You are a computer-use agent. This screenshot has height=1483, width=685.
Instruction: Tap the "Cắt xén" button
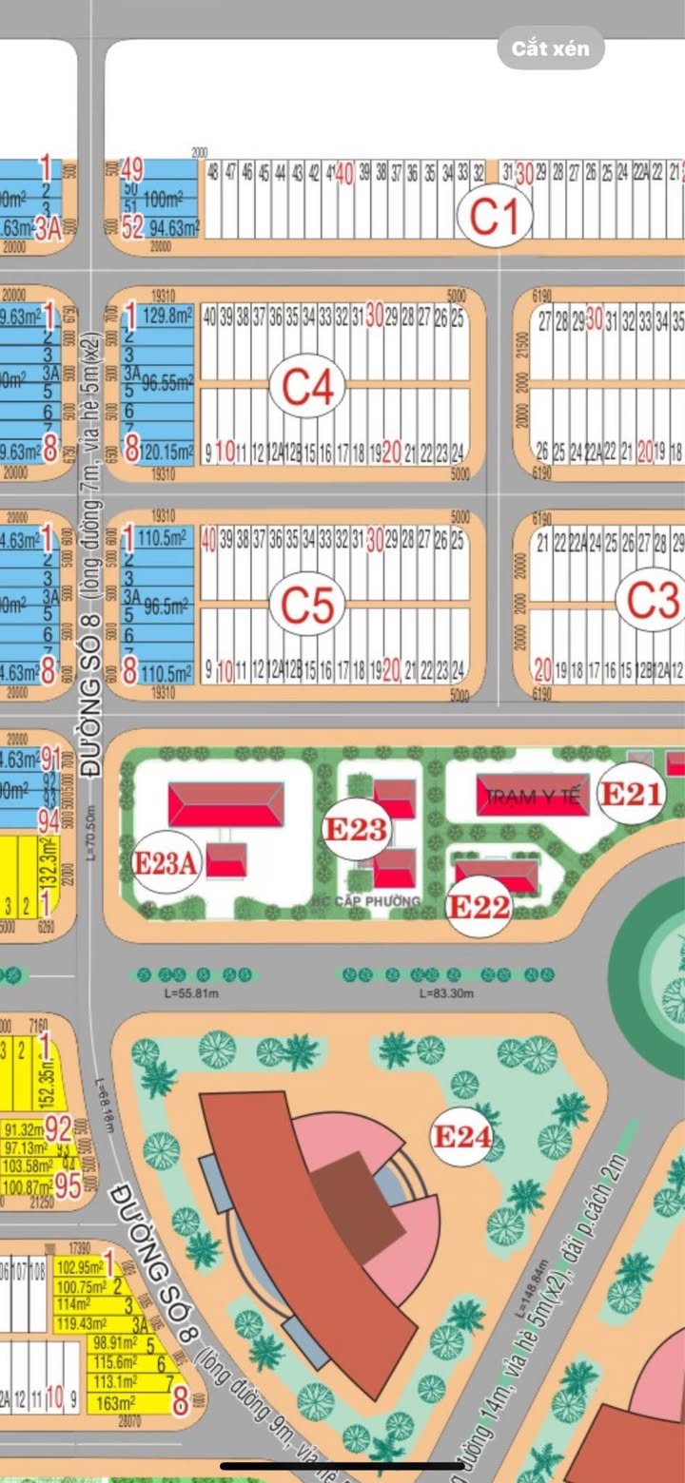point(551,48)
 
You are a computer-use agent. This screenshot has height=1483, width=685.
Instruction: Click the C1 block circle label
point(494,217)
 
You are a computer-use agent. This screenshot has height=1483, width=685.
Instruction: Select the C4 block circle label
point(307,387)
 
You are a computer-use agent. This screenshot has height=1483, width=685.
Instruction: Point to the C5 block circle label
point(307,604)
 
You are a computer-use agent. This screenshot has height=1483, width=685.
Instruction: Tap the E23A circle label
point(166,862)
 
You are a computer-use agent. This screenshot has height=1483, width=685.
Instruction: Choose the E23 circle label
point(356,829)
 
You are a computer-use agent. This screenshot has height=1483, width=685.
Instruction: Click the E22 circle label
point(479,906)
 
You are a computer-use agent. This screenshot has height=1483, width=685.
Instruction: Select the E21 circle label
point(629,794)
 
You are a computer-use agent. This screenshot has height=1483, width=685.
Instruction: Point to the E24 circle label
point(462,1135)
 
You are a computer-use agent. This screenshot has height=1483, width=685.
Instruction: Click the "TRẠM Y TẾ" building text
point(533,798)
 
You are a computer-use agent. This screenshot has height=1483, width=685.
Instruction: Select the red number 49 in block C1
point(132,170)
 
